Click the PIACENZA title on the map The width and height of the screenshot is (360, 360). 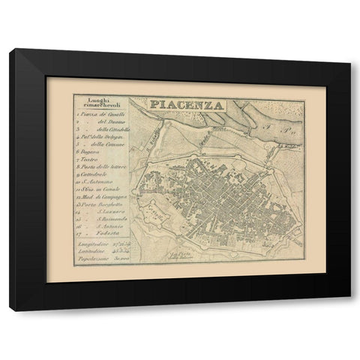tap(178, 105)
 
